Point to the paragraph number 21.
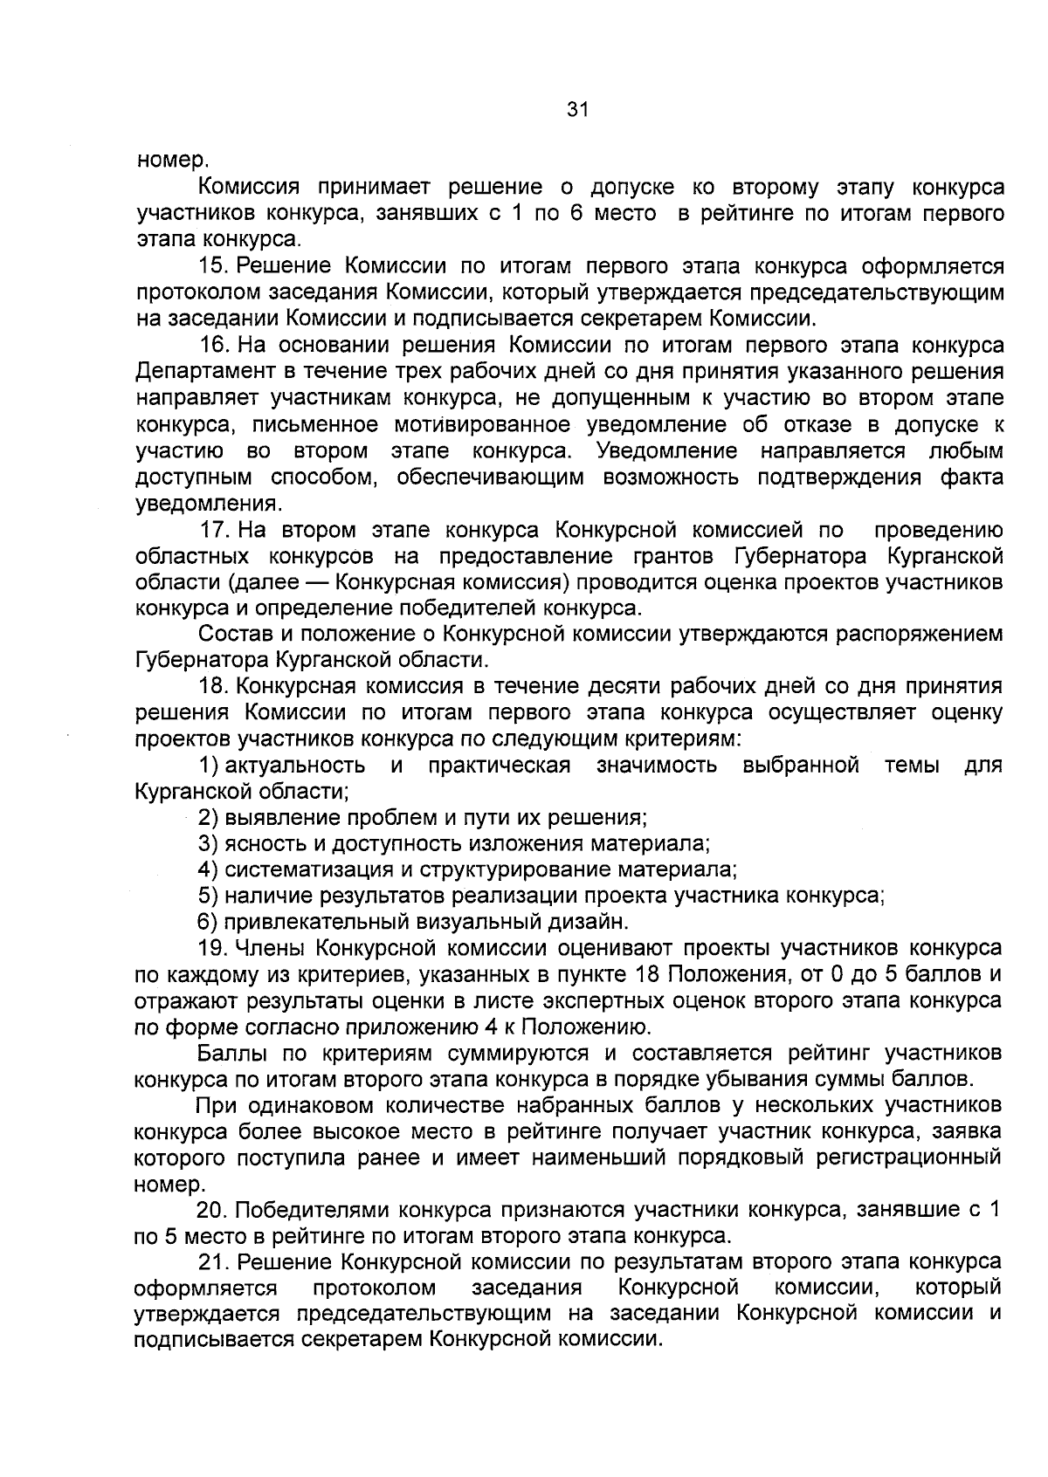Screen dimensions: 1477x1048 click(x=213, y=1262)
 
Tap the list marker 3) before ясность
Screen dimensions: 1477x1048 click(x=207, y=843)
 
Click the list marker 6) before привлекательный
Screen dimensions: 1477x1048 click(x=207, y=922)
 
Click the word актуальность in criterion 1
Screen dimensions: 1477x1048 click(x=295, y=766)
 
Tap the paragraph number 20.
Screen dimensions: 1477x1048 click(x=213, y=1210)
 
